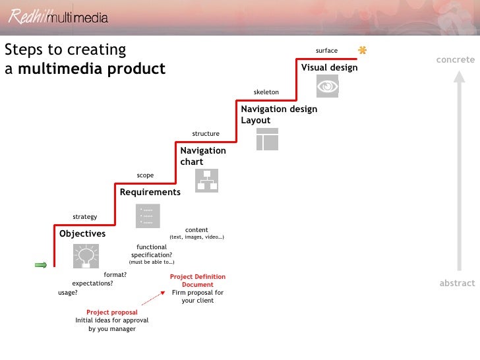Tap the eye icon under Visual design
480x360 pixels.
pos(328,86)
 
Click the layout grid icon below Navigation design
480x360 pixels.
pos(267,139)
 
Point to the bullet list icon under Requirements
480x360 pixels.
pos(148,216)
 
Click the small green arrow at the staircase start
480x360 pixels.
pos(41,265)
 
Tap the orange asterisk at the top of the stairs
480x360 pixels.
pos(362,50)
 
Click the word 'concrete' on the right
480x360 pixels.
pos(455,60)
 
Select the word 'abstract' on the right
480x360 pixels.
pos(457,283)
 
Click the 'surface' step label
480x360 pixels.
pos(326,51)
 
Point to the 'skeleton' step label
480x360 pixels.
pos(266,92)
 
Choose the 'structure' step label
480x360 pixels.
pos(206,134)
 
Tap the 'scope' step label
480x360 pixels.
pos(145,175)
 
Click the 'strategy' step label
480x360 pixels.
pos(84,217)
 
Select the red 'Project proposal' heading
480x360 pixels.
pos(112,313)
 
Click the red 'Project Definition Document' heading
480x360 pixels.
pos(198,281)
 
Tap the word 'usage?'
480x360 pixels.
pos(67,292)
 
